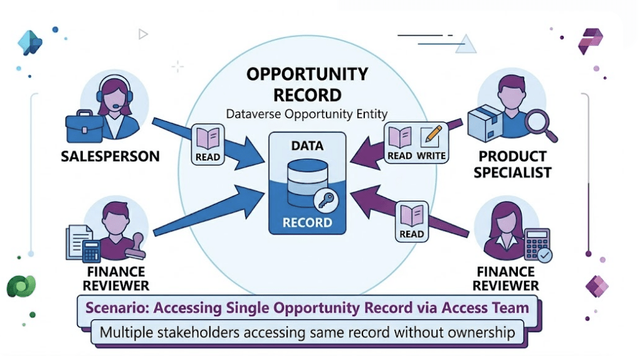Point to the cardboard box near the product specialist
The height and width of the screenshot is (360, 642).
[485, 123]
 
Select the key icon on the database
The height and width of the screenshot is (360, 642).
[326, 200]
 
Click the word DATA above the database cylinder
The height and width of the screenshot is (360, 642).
[307, 146]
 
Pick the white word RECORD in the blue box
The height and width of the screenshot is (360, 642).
[307, 223]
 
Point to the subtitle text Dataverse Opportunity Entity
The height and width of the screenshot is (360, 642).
[307, 114]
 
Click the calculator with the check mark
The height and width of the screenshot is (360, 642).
[537, 244]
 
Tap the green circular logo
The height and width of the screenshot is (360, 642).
[21, 286]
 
